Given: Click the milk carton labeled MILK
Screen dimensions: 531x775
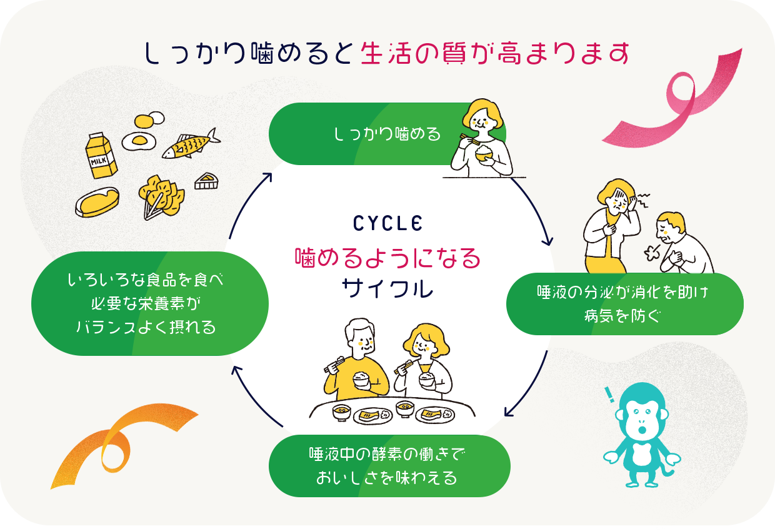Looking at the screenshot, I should click(x=101, y=156).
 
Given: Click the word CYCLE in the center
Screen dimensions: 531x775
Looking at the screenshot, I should click(x=387, y=223).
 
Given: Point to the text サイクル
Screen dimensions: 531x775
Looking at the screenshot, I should click(x=387, y=288).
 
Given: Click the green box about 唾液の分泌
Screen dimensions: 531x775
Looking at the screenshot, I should click(x=625, y=304).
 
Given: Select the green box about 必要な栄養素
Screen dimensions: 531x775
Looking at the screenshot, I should click(x=150, y=303).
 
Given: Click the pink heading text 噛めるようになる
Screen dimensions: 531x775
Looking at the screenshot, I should click(x=387, y=257).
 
